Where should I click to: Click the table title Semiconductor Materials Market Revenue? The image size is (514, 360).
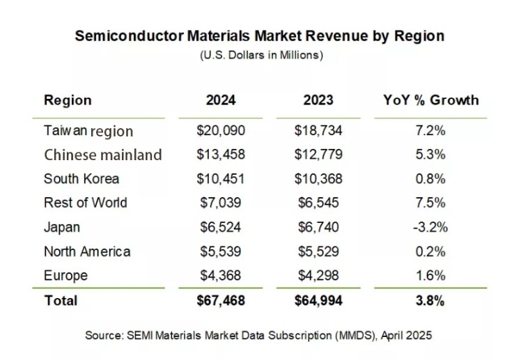pos(259,36)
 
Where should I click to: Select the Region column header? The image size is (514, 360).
pos(68,100)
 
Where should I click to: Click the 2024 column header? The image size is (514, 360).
pos(221,100)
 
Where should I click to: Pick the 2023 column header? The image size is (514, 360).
pos(318,100)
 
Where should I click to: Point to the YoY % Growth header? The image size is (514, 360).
pos(431,100)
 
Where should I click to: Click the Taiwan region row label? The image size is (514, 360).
pos(88,131)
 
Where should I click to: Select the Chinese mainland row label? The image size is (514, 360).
pos(102,155)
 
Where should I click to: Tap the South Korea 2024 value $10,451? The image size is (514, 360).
pos(221,179)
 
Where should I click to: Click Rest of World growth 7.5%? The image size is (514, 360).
pos(431,203)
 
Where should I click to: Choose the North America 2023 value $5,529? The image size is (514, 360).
pos(318,251)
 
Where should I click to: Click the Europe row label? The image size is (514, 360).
pos(65,275)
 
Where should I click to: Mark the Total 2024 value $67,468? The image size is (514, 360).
pos(221,301)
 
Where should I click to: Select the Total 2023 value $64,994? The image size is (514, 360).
pos(318,301)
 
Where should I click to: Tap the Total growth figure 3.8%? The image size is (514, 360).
pos(431,301)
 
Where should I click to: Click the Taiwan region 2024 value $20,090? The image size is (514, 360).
pos(221,131)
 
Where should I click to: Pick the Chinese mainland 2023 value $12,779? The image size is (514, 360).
pos(318,155)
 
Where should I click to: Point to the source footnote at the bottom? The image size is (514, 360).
pos(258,335)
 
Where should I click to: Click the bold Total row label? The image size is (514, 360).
pos(61,301)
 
